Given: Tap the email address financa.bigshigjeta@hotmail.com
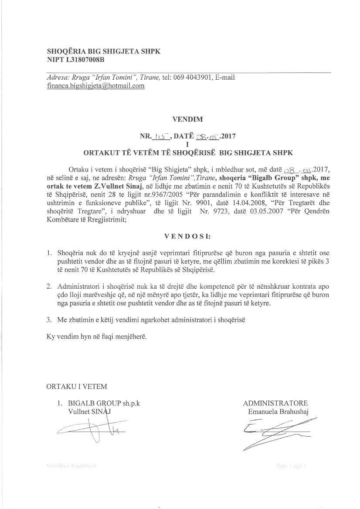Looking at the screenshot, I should (95, 86).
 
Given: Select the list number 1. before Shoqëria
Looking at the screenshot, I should (49, 253).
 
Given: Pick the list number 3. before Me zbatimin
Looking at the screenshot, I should (49, 320).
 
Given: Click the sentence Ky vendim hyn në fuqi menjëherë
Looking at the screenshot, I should (97, 337).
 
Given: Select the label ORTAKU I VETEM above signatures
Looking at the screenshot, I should (77, 386).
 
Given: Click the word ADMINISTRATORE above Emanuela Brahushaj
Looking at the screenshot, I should (275, 403).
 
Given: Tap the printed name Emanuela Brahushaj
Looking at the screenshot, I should (278, 411).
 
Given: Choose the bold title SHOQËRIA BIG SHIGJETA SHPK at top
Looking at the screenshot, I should (104, 51).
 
